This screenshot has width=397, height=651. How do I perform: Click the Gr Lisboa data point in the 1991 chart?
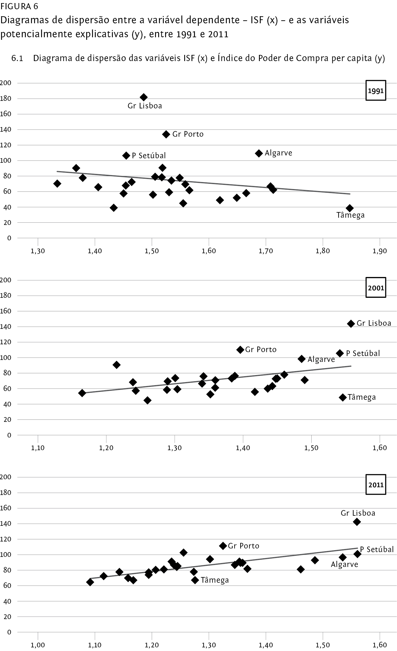pos(144,97)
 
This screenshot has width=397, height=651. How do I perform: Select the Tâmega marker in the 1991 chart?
pos(349,208)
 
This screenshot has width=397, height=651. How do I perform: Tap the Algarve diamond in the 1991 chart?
pos(259,153)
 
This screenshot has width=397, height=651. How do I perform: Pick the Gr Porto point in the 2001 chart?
pos(240,350)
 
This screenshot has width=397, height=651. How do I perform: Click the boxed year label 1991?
pos(376,90)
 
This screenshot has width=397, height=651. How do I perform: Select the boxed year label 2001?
pos(376,287)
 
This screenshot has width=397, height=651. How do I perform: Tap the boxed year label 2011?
pos(376,484)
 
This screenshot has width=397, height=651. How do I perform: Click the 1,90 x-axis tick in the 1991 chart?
pos(380,251)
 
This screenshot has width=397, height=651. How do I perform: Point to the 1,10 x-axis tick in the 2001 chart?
pos(38,448)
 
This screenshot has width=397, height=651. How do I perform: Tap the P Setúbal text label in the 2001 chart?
pos(363,353)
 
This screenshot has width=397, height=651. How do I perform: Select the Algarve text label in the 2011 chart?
pos(344,564)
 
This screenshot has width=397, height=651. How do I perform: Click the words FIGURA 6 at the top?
pos(19,6)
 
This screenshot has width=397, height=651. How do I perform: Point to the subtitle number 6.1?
pos(17,58)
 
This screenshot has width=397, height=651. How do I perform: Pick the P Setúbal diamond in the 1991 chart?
pos(126,156)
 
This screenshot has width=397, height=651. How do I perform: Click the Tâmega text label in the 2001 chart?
pos(361,397)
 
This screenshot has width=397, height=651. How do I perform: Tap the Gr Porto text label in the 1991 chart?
pos(188,134)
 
